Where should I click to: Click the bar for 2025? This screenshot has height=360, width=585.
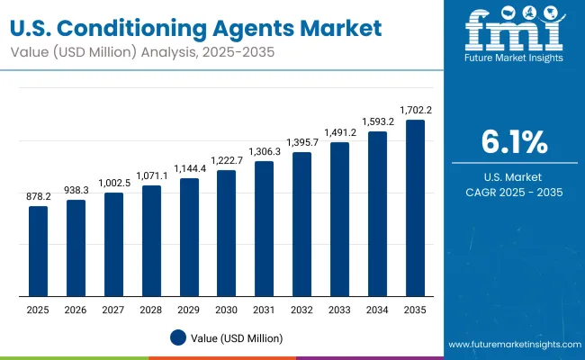click(38, 251)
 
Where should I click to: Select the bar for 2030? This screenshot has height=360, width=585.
click(226, 233)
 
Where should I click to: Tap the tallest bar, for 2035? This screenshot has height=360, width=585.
click(415, 208)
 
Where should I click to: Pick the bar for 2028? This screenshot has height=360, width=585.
click(151, 240)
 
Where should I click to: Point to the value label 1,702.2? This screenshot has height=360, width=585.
click(415, 110)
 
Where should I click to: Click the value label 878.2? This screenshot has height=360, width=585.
click(38, 196)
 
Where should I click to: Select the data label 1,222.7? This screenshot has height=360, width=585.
click(226, 159)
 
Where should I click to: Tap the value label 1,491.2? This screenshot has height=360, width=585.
click(339, 131)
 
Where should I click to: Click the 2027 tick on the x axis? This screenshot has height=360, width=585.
click(113, 309)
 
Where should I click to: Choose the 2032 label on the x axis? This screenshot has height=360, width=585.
click(301, 309)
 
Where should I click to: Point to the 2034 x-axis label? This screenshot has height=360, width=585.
click(377, 309)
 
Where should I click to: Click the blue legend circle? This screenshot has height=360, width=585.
click(178, 337)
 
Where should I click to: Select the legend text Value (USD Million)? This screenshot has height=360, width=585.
click(237, 337)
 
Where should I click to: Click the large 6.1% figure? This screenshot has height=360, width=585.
click(514, 142)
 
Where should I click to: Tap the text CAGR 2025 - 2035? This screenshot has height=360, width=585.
click(514, 192)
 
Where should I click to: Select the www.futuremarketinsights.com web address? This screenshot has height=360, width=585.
click(513, 345)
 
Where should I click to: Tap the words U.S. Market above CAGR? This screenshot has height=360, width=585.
click(514, 175)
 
